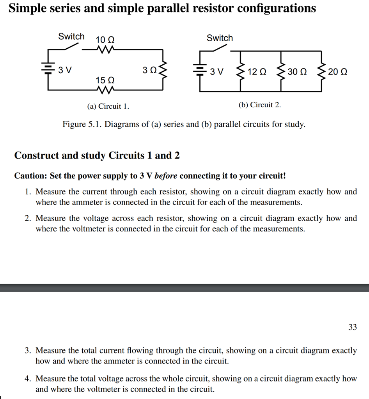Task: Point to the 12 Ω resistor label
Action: (x=257, y=72)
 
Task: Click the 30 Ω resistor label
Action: (x=297, y=72)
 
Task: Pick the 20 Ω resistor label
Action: (x=337, y=72)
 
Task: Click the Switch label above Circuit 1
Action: (x=71, y=37)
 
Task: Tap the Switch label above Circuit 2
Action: (x=220, y=38)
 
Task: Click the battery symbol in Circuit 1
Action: (x=48, y=70)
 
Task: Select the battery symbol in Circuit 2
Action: (x=200, y=71)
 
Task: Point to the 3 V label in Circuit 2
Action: (x=217, y=72)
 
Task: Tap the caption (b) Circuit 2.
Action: (x=259, y=105)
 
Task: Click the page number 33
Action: (x=352, y=327)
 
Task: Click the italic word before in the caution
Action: (x=166, y=176)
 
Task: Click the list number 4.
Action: (x=28, y=378)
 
